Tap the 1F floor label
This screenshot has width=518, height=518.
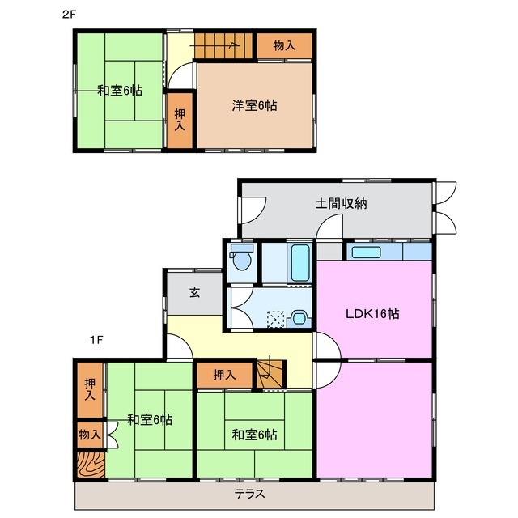96,340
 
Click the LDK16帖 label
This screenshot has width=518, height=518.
373,314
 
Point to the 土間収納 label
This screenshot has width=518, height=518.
341,204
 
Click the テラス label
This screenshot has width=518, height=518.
253,494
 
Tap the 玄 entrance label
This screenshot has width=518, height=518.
195,293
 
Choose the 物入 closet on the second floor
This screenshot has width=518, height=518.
284,46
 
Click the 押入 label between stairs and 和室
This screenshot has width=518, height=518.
224,375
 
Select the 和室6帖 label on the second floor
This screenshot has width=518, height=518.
120,91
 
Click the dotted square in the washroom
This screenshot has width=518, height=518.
277,317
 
